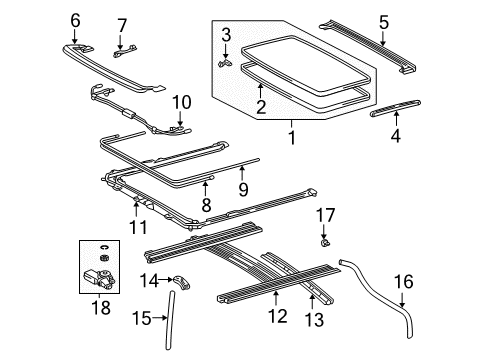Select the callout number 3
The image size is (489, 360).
pyautogui.click(x=226, y=36)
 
